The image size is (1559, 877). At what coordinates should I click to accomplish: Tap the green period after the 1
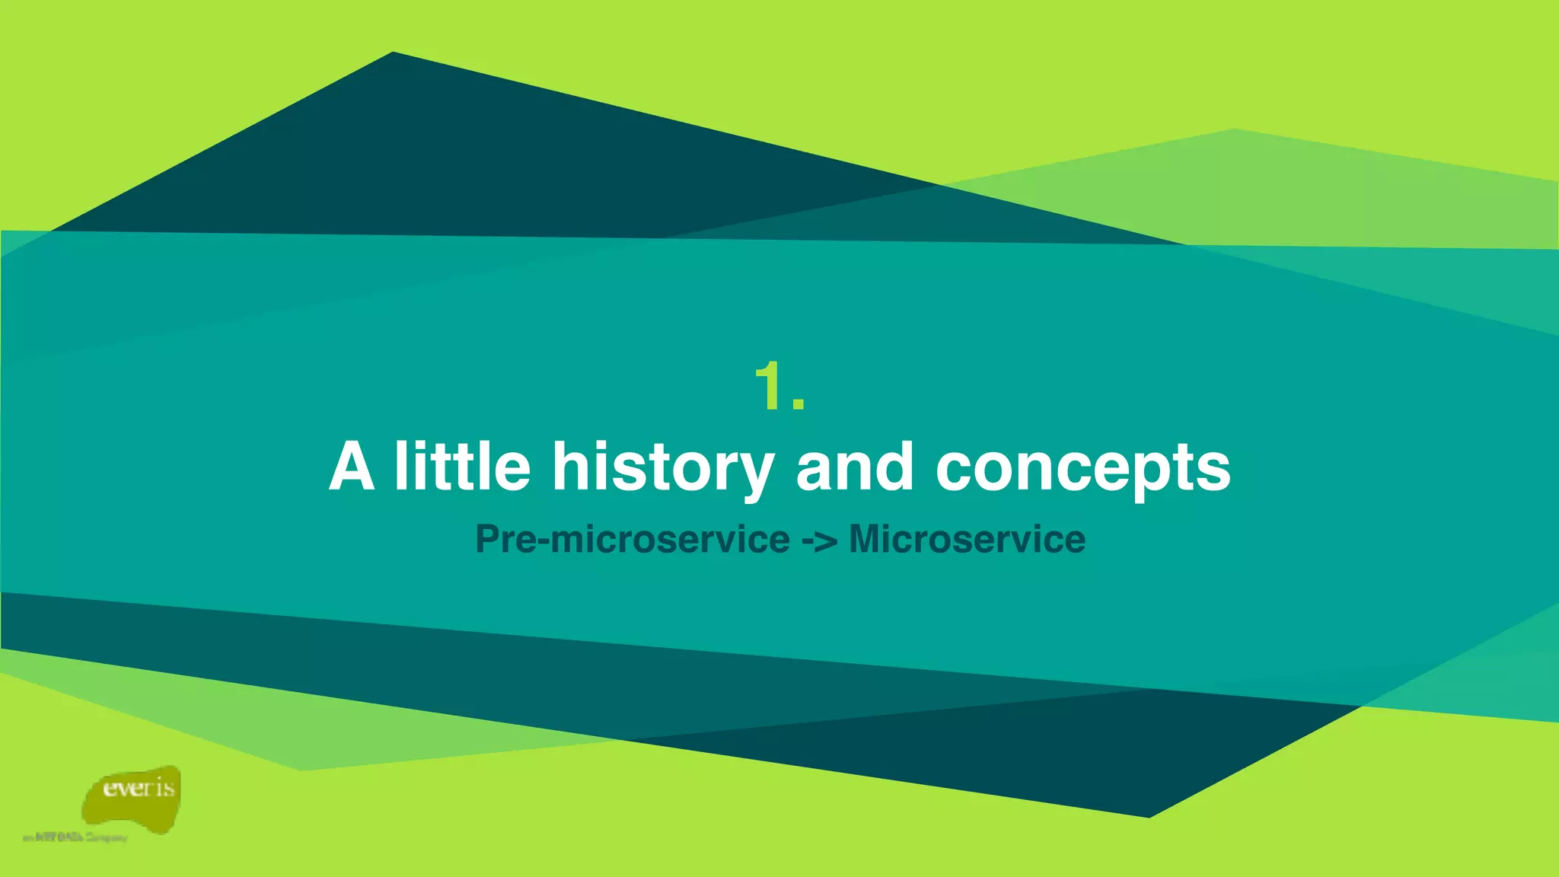click(x=798, y=404)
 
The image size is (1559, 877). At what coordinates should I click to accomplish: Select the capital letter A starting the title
click(x=352, y=466)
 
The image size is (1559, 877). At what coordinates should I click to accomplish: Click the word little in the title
click(x=462, y=466)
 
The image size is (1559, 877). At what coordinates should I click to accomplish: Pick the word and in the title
click(x=854, y=466)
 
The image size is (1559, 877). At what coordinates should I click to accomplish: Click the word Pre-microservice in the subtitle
click(x=632, y=539)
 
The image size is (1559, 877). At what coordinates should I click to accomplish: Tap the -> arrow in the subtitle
click(x=819, y=541)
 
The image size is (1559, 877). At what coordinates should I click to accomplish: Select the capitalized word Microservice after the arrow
click(x=967, y=539)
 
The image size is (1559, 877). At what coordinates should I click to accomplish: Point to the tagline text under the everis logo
click(x=75, y=837)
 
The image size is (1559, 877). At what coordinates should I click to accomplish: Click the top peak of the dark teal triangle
click(x=393, y=53)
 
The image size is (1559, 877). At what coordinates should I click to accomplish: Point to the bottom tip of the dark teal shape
click(x=1149, y=816)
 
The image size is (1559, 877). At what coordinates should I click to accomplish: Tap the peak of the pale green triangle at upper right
click(x=1234, y=130)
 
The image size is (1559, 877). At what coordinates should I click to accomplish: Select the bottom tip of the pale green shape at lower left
click(x=302, y=770)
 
